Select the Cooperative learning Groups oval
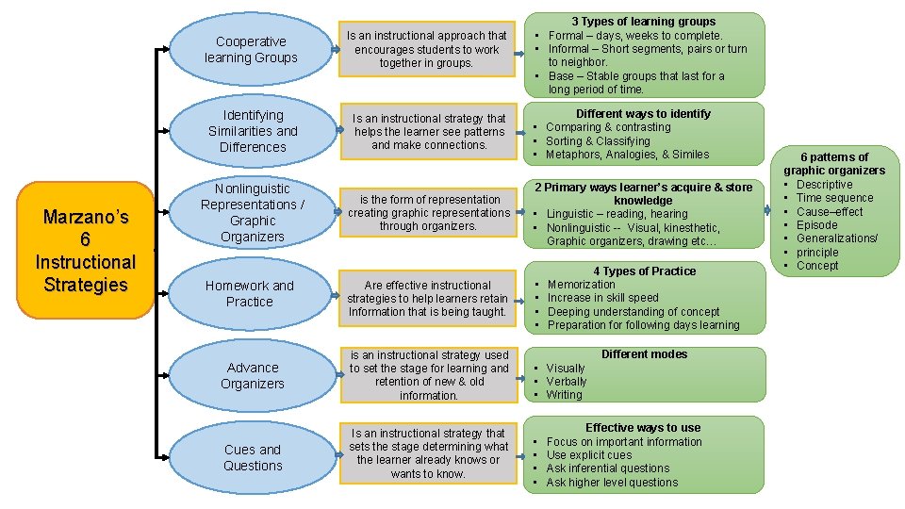[251, 50]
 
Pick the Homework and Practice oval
[250, 293]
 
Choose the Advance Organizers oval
[253, 375]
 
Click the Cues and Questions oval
[253, 457]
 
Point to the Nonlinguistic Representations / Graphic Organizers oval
[252, 212]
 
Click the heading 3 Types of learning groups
[643, 22]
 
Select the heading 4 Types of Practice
[644, 271]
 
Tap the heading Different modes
[644, 354]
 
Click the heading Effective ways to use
[643, 428]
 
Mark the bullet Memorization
[581, 285]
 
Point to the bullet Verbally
[566, 382]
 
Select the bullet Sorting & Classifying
[598, 141]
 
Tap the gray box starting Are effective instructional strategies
[428, 298]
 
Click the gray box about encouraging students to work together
[428, 50]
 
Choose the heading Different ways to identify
[643, 114]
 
